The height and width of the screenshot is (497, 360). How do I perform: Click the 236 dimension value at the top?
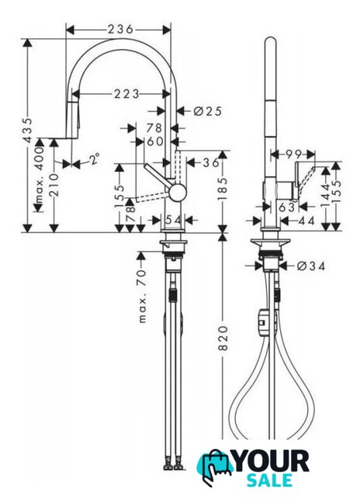pyautogui.click(x=120, y=30)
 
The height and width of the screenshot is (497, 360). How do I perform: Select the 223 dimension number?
pyautogui.click(x=126, y=94)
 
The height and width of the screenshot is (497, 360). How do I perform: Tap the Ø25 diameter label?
pyautogui.click(x=207, y=111)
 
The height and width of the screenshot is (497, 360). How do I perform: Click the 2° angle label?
pyautogui.click(x=93, y=158)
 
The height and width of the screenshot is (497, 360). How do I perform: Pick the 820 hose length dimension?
pyautogui.click(x=223, y=338)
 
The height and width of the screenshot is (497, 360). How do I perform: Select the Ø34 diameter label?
pyautogui.click(x=311, y=266)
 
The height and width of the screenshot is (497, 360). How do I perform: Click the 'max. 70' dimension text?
pyautogui.click(x=143, y=296)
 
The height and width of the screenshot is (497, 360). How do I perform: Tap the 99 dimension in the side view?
pyautogui.click(x=292, y=155)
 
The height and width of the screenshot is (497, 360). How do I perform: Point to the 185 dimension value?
pyautogui.click(x=223, y=189)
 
